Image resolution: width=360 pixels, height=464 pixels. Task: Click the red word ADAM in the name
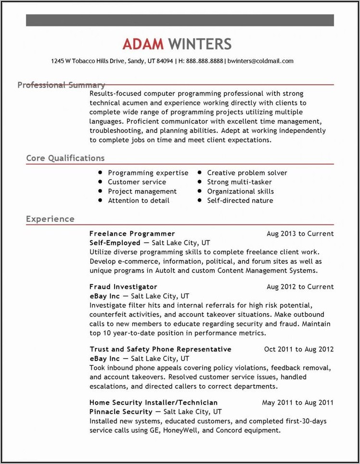(x=143, y=44)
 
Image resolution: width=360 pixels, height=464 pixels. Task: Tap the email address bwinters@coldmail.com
(x=260, y=61)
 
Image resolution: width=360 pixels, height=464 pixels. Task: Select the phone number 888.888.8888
(x=205, y=61)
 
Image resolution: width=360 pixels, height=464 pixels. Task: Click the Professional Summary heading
(x=61, y=85)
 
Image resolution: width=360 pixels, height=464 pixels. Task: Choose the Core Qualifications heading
(x=65, y=158)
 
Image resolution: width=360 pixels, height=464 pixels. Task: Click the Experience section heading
(x=50, y=219)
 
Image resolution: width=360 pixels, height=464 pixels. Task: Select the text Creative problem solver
(x=247, y=173)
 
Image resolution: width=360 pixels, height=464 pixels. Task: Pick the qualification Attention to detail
(x=139, y=200)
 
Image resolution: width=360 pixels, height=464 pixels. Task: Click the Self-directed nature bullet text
(x=240, y=200)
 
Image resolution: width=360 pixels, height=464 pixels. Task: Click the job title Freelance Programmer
(x=132, y=233)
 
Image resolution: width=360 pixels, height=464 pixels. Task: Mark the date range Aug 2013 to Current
(x=300, y=233)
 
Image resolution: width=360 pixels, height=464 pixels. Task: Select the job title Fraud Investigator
(x=123, y=286)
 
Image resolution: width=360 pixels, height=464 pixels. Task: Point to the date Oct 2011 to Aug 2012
(x=299, y=349)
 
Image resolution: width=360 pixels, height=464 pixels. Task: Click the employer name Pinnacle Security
(x=121, y=412)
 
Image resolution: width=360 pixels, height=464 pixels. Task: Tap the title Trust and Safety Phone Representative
(x=160, y=349)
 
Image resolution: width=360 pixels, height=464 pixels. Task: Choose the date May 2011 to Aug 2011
(x=297, y=402)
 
